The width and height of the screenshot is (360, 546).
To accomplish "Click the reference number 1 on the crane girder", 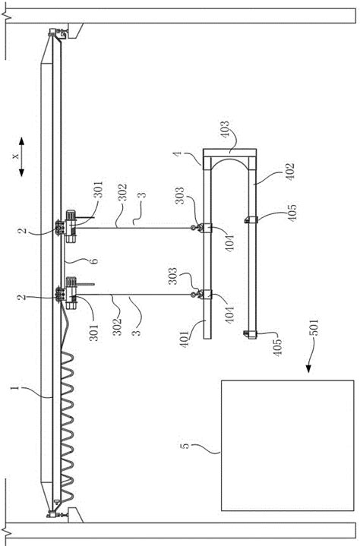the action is click(15, 387).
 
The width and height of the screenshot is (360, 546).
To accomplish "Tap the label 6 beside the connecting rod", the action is click(93, 260).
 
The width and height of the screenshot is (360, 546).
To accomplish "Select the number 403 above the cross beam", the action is click(225, 130).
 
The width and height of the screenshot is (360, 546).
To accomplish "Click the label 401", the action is click(185, 338).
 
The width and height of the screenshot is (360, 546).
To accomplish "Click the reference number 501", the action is click(314, 327).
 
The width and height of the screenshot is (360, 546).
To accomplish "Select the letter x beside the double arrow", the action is click(15, 156).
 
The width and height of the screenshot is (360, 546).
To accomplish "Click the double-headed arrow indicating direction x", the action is click(21, 156).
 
